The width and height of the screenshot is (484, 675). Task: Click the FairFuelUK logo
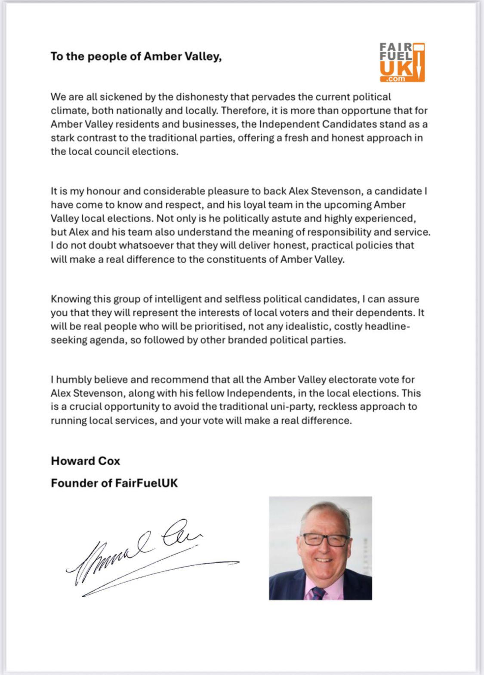click(x=402, y=62)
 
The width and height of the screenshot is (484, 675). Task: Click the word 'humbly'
click(x=73, y=380)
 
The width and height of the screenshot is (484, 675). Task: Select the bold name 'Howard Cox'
click(x=86, y=461)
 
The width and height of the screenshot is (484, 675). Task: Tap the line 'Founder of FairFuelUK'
click(x=114, y=483)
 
